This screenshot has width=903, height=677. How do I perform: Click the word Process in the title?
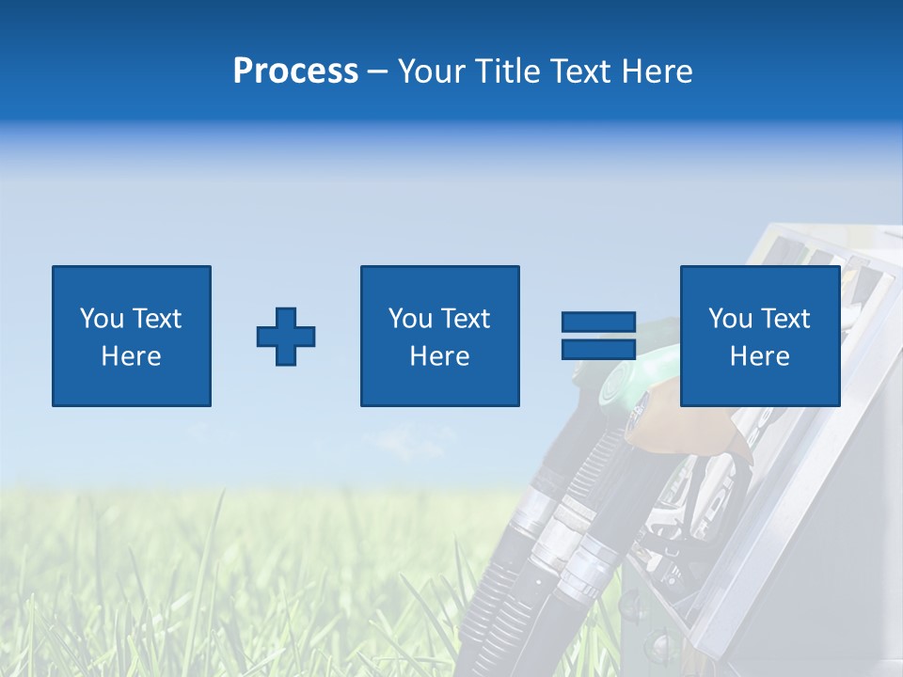(x=295, y=71)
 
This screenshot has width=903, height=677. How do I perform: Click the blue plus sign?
(x=286, y=336)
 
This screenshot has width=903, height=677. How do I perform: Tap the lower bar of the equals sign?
(x=598, y=349)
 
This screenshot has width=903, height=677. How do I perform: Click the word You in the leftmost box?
(x=102, y=319)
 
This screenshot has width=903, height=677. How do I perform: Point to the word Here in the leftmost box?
(x=131, y=356)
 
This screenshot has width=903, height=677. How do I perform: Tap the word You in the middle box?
(x=410, y=319)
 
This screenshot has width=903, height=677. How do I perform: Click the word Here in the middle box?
(x=439, y=356)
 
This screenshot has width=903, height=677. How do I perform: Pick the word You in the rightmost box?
(x=730, y=319)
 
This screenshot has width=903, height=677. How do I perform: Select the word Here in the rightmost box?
(x=759, y=356)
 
